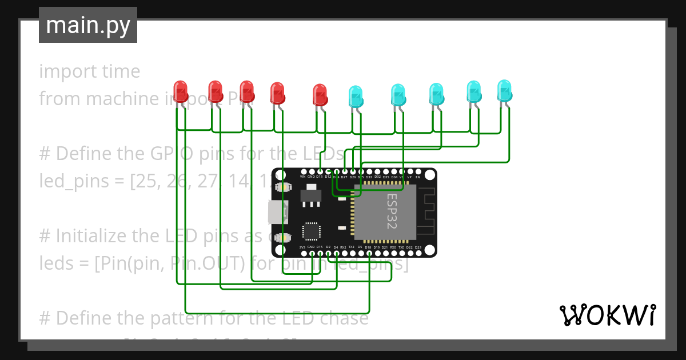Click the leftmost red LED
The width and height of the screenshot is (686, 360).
(x=181, y=91)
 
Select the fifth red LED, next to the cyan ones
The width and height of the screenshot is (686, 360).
(x=320, y=94)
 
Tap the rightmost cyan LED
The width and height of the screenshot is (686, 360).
(x=504, y=90)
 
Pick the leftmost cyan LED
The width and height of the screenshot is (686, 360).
(x=355, y=95)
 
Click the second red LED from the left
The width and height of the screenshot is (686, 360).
(x=215, y=91)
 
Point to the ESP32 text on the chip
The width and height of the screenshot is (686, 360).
(x=392, y=211)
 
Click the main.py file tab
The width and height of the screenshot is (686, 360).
(x=88, y=25)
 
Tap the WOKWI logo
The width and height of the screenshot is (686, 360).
(x=607, y=315)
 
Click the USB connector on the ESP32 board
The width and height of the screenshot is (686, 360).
(x=277, y=212)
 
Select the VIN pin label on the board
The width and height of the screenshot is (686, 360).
(x=303, y=177)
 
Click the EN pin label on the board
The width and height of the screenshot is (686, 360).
(x=418, y=177)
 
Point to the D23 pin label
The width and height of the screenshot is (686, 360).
(x=418, y=247)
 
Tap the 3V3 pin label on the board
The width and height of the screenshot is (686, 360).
(x=303, y=247)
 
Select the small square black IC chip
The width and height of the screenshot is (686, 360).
(x=312, y=230)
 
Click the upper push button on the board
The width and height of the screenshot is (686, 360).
(x=281, y=187)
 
